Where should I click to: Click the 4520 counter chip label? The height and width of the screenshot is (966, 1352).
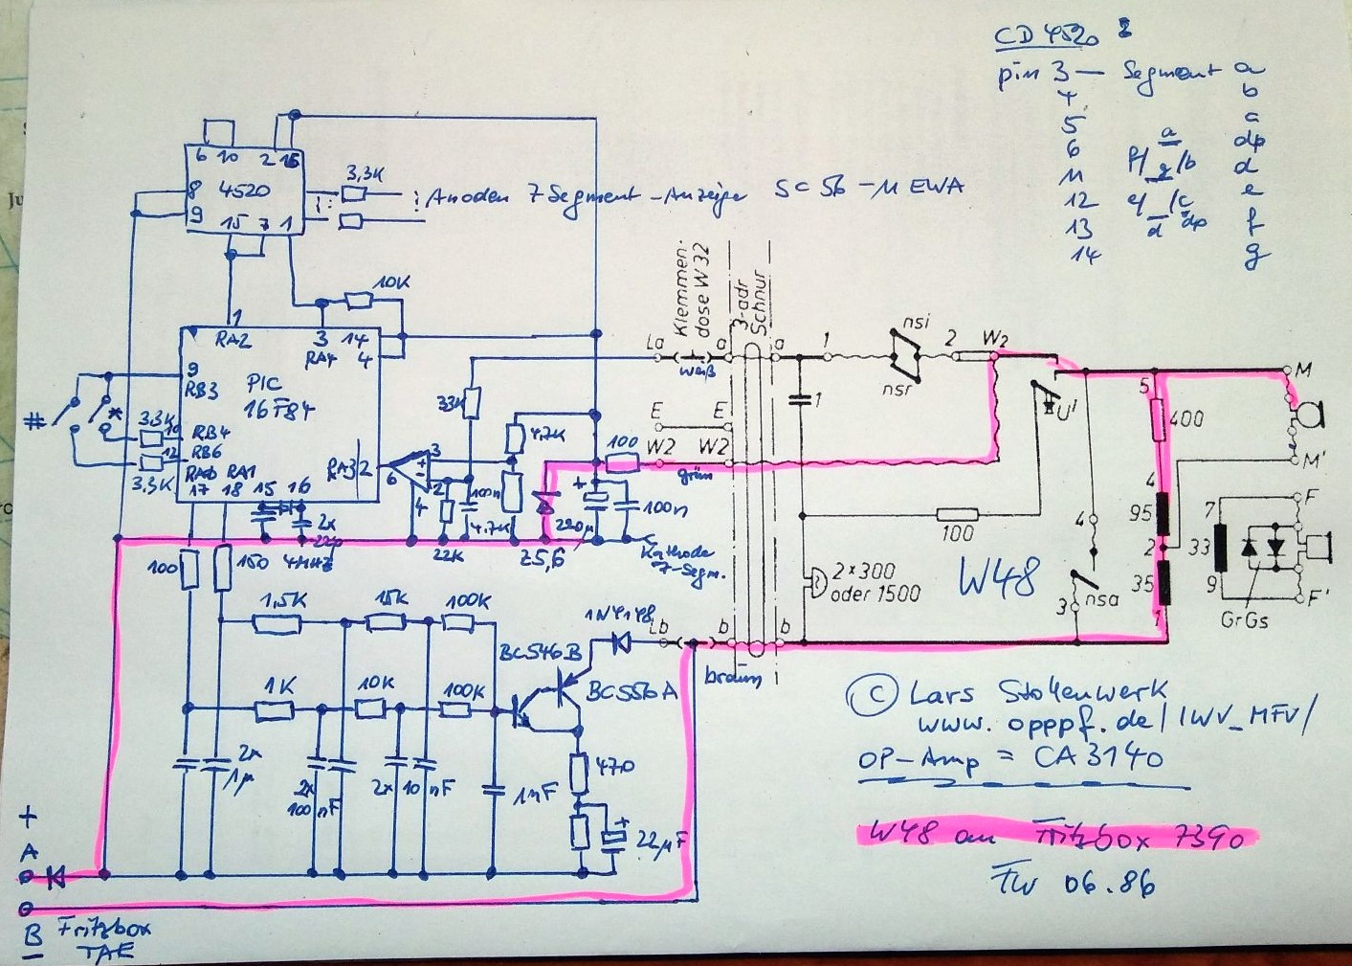point(244,190)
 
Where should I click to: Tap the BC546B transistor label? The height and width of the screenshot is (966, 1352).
point(540,653)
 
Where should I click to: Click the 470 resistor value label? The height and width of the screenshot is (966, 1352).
point(613,767)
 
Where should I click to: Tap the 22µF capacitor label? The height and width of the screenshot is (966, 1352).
point(659,842)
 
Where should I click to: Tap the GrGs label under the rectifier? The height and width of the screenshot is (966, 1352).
point(1244,620)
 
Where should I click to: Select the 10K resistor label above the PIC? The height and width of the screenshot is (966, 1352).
point(391,283)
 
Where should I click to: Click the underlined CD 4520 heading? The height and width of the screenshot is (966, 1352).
point(1047,37)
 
